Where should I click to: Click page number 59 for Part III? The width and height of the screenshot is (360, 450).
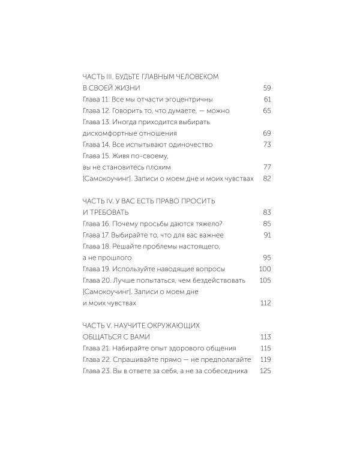tap(268, 88)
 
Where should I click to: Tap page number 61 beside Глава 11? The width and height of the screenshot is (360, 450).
tap(268, 99)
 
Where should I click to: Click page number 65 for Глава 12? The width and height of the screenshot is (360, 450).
tap(268, 110)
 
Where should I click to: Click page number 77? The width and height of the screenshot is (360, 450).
tap(268, 167)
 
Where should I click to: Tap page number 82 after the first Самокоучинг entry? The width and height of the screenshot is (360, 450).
tap(268, 179)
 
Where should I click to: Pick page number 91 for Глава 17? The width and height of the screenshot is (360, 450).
tap(268, 235)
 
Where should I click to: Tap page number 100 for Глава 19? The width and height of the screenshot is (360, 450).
tap(266, 269)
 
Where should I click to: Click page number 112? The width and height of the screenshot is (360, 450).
tap(266, 304)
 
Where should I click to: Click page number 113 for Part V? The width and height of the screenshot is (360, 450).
tap(266, 337)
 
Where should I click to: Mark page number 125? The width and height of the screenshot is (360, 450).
tap(266, 371)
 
